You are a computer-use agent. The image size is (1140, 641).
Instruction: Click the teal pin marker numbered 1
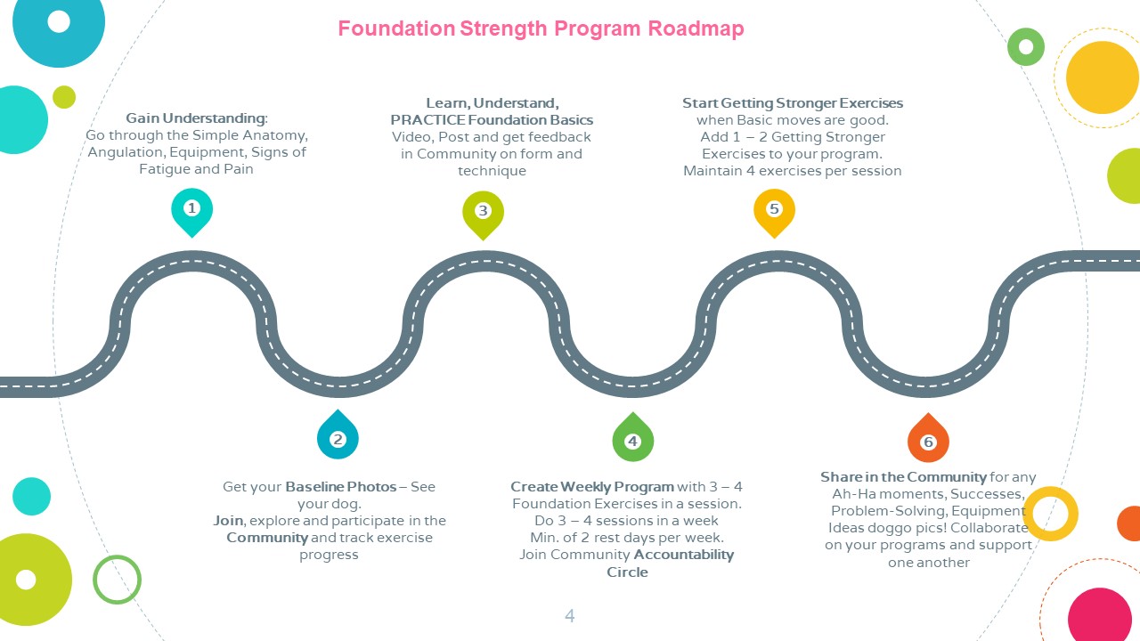pyautogui.click(x=191, y=211)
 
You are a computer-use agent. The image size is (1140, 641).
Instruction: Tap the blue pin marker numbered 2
pyautogui.click(x=338, y=435)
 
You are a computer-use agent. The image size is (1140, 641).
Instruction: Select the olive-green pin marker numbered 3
pyautogui.click(x=483, y=214)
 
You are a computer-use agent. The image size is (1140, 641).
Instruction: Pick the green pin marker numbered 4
pyautogui.click(x=632, y=438)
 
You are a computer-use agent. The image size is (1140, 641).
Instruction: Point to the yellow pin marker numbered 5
pyautogui.click(x=774, y=212)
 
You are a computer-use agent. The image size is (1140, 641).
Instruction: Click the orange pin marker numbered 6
pyautogui.click(x=928, y=439)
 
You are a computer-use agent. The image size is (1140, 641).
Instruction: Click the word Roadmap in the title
pyautogui.click(x=696, y=28)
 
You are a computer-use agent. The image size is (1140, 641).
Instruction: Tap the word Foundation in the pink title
pyautogui.click(x=396, y=28)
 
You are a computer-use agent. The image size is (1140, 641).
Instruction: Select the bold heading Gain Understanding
pyautogui.click(x=195, y=118)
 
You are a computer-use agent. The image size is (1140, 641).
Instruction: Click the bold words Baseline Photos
pyautogui.click(x=340, y=487)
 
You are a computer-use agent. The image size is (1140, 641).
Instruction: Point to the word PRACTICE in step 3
pyautogui.click(x=427, y=120)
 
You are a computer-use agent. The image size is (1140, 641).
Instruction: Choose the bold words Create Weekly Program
pyautogui.click(x=592, y=487)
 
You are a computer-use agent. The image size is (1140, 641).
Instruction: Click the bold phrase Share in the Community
pyautogui.click(x=903, y=477)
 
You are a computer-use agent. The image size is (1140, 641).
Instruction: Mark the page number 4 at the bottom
pyautogui.click(x=569, y=616)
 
